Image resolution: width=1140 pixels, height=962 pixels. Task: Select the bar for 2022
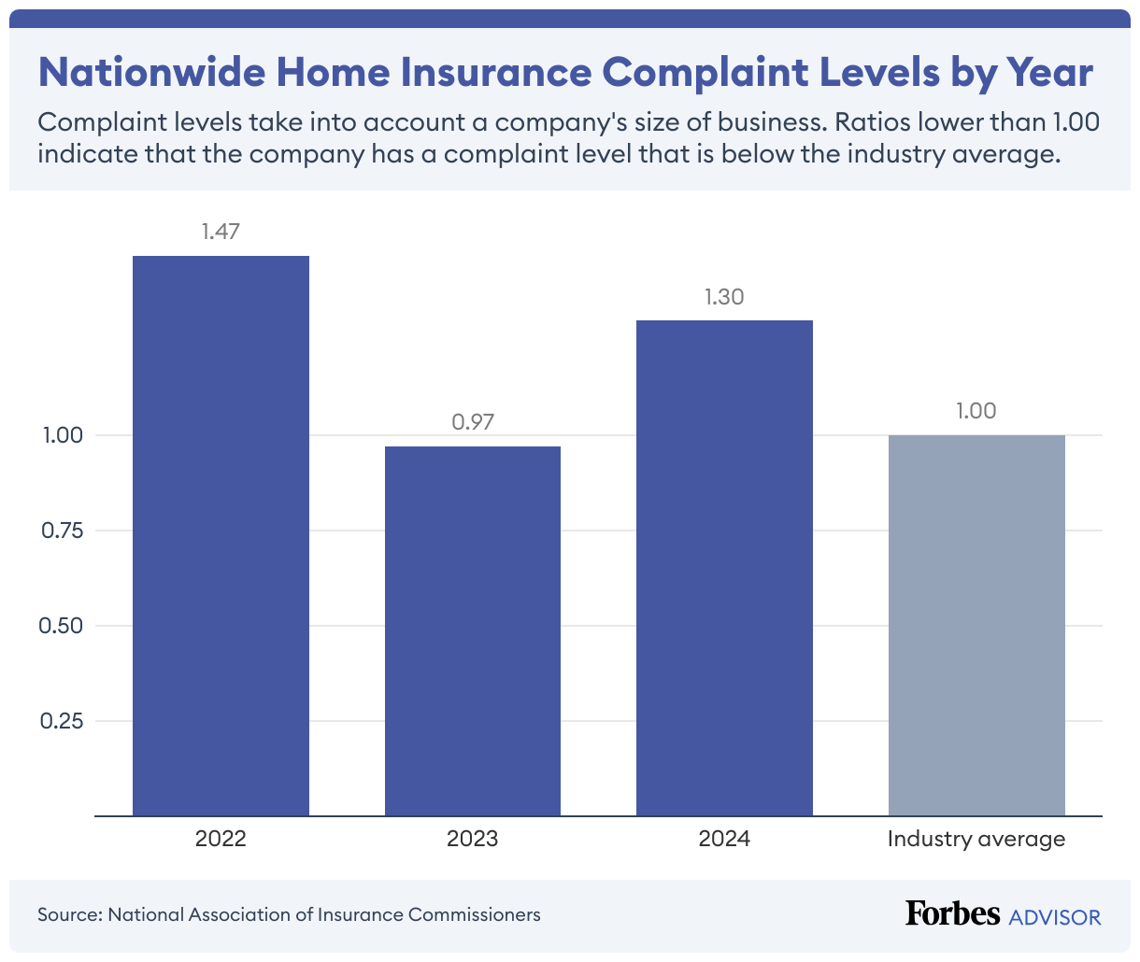click(221, 536)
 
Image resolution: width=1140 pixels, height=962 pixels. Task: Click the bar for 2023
click(472, 631)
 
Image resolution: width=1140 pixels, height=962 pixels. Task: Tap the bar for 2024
click(724, 568)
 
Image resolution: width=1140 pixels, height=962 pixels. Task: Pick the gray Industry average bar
click(976, 626)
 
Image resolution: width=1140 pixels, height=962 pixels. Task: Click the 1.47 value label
click(221, 232)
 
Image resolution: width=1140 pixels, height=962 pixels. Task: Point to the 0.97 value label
click(472, 422)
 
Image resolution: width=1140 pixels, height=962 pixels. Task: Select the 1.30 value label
click(724, 297)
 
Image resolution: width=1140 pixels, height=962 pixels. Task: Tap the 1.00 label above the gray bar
click(976, 411)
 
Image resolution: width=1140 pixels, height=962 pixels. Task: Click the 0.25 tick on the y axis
click(61, 721)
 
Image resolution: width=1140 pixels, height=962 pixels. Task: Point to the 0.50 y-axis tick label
click(61, 626)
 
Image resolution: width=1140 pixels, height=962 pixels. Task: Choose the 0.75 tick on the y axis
click(62, 530)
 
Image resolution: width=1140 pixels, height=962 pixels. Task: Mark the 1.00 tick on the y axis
click(63, 435)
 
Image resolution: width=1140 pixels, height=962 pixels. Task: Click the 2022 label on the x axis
click(221, 839)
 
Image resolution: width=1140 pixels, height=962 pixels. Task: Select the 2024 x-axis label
click(724, 839)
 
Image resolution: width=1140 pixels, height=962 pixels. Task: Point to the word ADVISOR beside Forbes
click(1054, 917)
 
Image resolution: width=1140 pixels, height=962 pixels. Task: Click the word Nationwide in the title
click(151, 72)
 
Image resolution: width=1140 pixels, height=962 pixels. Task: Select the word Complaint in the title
click(705, 73)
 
